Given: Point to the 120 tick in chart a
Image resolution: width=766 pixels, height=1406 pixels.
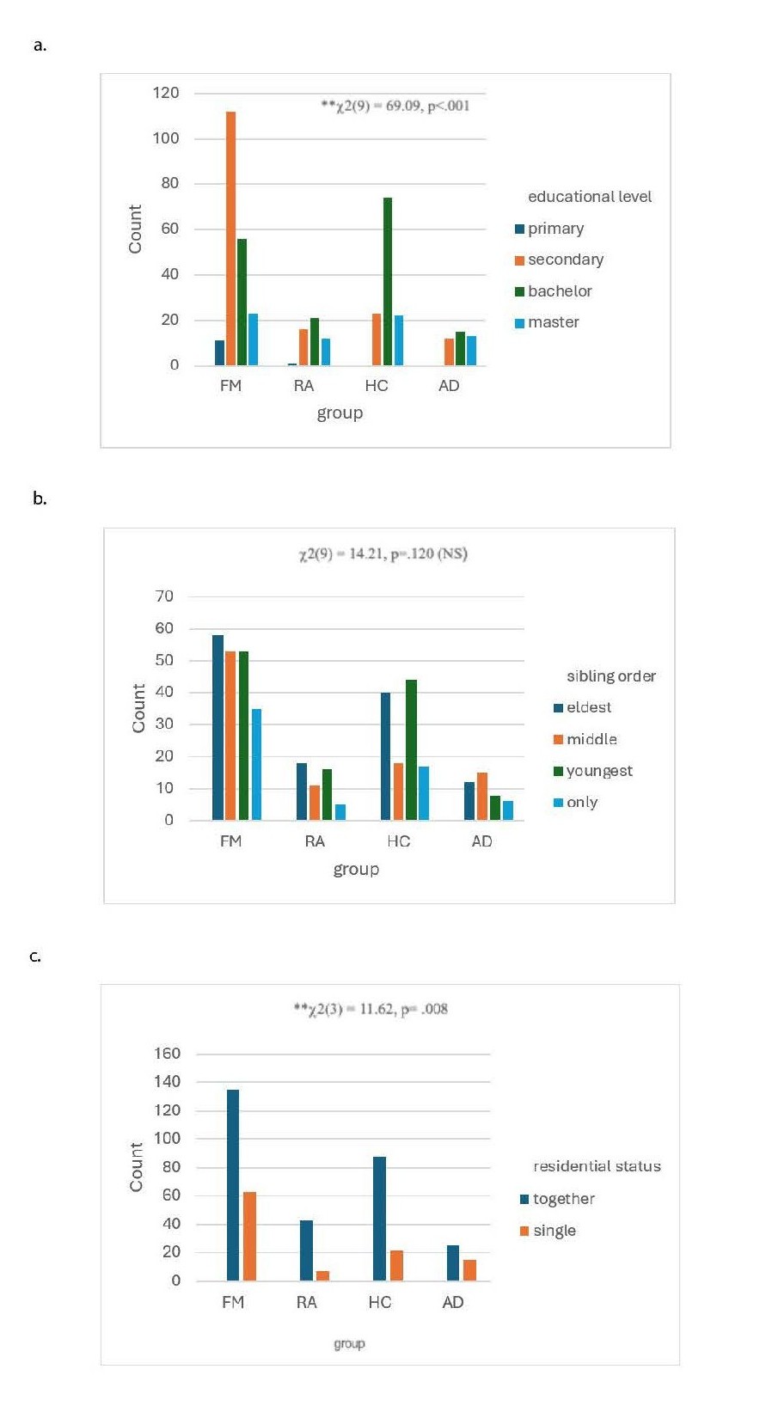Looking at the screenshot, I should point(166,93).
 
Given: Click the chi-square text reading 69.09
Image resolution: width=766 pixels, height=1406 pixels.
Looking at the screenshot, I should point(395,107).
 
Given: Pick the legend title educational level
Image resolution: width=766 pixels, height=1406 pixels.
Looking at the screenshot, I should point(590,197).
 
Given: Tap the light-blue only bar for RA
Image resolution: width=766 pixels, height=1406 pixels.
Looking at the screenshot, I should point(340,812).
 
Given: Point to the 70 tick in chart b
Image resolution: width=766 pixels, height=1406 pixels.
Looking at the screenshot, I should point(164,596).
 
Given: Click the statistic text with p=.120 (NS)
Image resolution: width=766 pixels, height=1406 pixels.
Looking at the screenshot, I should point(383,554).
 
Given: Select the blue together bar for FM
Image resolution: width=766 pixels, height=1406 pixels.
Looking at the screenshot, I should point(233,1185).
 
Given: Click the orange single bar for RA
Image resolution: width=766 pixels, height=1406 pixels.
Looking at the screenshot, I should point(322,1275).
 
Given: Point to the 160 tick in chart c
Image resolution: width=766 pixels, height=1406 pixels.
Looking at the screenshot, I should point(166,1054).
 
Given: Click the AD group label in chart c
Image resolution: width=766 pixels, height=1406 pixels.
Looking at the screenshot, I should point(453,1303).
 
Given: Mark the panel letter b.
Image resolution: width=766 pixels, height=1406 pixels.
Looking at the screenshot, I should point(40,498).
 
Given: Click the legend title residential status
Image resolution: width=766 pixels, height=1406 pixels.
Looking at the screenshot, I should point(597,1166).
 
